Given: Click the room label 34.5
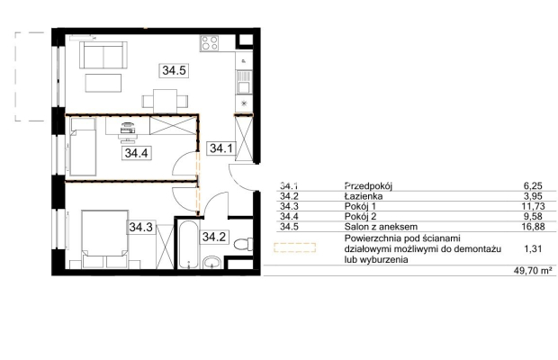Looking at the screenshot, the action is click(174, 70).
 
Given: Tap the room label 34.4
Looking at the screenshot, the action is click(136, 153).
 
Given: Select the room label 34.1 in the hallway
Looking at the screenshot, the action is click(221, 148).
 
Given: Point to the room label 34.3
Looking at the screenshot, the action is click(141, 227).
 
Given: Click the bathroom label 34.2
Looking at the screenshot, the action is click(213, 237).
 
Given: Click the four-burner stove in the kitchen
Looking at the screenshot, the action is click(209, 43).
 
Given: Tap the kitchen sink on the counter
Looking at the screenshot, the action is click(245, 82).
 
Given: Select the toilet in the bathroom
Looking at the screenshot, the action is click(244, 245).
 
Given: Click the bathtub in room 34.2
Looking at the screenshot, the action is click(187, 246).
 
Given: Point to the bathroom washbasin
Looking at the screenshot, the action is click(212, 263).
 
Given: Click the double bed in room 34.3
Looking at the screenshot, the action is click(104, 239).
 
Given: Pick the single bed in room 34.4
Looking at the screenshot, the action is click(84, 147).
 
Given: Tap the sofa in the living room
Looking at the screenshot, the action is click(103, 55).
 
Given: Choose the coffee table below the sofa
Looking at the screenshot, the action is click(103, 83).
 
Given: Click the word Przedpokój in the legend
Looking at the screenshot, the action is click(368, 185).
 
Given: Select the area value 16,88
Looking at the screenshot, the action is click(533, 227).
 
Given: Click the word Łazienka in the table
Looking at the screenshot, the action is click(364, 196).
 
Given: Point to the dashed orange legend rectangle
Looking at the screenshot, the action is click(294, 247).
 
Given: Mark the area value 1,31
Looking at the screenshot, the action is click(533, 248).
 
